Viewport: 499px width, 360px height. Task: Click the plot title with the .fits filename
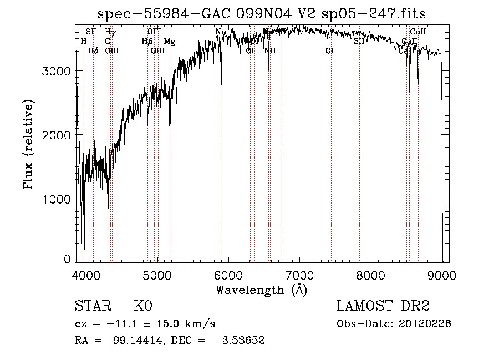pos(262,13)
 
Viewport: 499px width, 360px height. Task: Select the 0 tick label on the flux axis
pos(67,259)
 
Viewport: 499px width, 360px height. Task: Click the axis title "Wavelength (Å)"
pos(261,290)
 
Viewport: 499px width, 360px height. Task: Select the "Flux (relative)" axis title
pos(28,144)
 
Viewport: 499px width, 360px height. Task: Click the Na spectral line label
pos(221,32)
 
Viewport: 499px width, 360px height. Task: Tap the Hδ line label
pos(93,50)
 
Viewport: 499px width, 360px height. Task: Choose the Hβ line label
pos(147,42)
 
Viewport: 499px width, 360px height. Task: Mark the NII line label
pos(270,50)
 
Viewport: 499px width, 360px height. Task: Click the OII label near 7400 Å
pos(331,50)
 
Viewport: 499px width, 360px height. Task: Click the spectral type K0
pos(142,307)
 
